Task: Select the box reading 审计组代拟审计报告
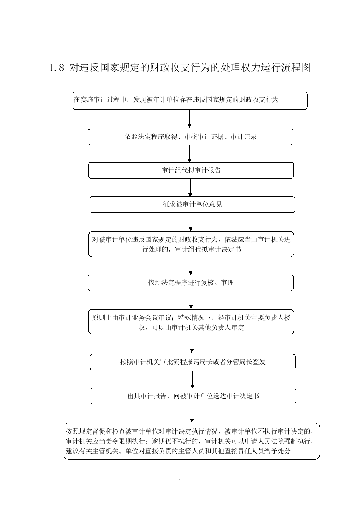191,170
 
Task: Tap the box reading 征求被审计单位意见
192,205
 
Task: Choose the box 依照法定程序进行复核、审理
191,283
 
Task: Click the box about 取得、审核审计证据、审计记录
191,137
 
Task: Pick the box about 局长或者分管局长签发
193,362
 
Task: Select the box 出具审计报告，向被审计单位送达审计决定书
193,396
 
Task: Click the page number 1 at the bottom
180,481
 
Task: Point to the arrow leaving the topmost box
189,119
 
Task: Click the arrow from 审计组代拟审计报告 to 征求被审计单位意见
190,188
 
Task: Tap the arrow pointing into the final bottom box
192,414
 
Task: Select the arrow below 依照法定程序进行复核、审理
191,300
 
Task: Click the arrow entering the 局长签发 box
192,344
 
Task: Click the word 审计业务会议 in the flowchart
138,318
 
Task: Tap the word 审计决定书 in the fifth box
225,249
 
